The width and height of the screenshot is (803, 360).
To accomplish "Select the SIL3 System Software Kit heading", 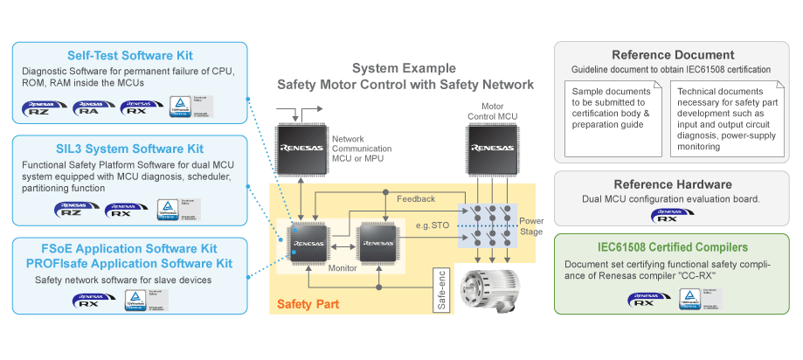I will [x=128, y=149].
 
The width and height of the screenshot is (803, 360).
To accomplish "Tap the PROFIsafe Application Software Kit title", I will [x=128, y=263].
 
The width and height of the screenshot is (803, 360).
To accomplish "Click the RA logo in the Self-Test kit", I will [x=92, y=111].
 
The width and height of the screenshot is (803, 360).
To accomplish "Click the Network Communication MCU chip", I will [x=300, y=149].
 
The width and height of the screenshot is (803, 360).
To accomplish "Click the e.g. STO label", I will [x=434, y=227].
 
